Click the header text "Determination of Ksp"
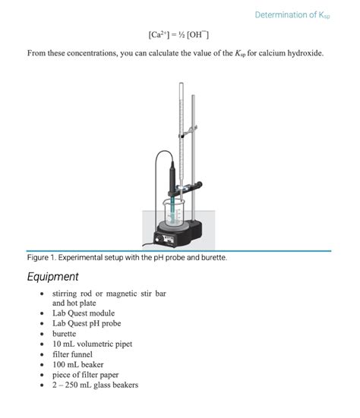click(292, 15)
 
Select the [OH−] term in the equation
click(197, 35)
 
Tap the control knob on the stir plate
click(158, 238)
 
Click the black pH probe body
click(172, 176)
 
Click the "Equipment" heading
click(52, 276)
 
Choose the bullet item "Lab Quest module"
click(84, 313)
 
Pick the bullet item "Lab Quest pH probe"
click(87, 323)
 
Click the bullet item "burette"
click(64, 334)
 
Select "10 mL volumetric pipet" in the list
click(92, 344)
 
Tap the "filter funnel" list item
click(72, 354)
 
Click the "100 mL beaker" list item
click(77, 364)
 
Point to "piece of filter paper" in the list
click(85, 375)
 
